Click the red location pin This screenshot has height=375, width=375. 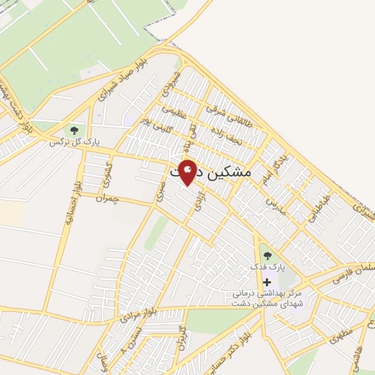pos(187,171)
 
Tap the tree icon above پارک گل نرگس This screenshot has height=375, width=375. pos(73,130)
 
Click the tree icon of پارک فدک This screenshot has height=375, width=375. pos(267,256)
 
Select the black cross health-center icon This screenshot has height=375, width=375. pos(266,282)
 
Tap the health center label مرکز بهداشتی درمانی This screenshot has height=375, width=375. pos(264,294)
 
